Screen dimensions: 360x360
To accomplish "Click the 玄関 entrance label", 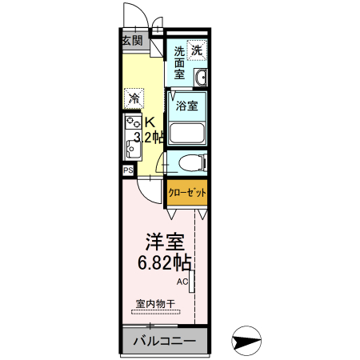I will [132, 41].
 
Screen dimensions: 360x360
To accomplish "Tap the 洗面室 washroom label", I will [180, 62].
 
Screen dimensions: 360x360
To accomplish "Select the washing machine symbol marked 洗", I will [197, 50].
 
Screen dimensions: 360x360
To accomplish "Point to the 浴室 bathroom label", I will [187, 106].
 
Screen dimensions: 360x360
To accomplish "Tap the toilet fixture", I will [190, 162].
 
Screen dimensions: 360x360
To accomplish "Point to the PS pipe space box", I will [127, 170].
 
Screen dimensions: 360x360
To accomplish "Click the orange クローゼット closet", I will [187, 193].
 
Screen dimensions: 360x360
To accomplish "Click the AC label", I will [182, 281].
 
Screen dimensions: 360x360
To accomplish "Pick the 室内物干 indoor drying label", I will [156, 303].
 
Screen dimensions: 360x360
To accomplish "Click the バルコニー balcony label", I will [164, 342].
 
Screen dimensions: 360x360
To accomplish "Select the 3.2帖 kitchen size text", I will [150, 138].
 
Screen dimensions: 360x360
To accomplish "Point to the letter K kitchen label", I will [149, 122].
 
